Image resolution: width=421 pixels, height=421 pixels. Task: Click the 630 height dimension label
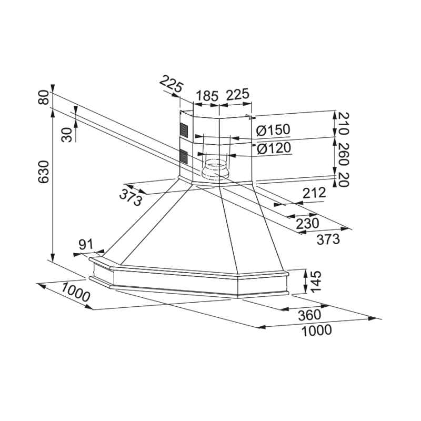coord(44,172)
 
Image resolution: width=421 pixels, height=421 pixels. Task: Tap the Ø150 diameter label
coord(273,130)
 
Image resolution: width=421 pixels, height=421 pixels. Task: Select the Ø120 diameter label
coord(274,148)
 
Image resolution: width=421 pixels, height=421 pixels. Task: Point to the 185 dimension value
coord(207,96)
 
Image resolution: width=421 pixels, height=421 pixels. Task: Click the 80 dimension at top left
coord(44,97)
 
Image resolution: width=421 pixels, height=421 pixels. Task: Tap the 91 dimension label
coord(86,244)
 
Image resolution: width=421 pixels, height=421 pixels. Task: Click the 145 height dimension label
coord(316,282)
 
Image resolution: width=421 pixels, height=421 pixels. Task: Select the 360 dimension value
coord(309,315)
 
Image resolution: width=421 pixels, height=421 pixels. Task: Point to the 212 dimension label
coord(314,193)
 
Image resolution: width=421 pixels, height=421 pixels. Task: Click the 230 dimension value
coord(307,223)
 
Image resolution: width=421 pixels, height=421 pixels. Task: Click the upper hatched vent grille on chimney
coord(184,129)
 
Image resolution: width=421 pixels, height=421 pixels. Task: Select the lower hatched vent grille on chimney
coord(184,157)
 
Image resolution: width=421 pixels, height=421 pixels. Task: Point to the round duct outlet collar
coord(215,169)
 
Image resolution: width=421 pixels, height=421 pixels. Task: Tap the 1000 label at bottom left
coord(75,292)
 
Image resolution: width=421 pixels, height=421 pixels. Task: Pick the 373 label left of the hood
coord(131,197)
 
